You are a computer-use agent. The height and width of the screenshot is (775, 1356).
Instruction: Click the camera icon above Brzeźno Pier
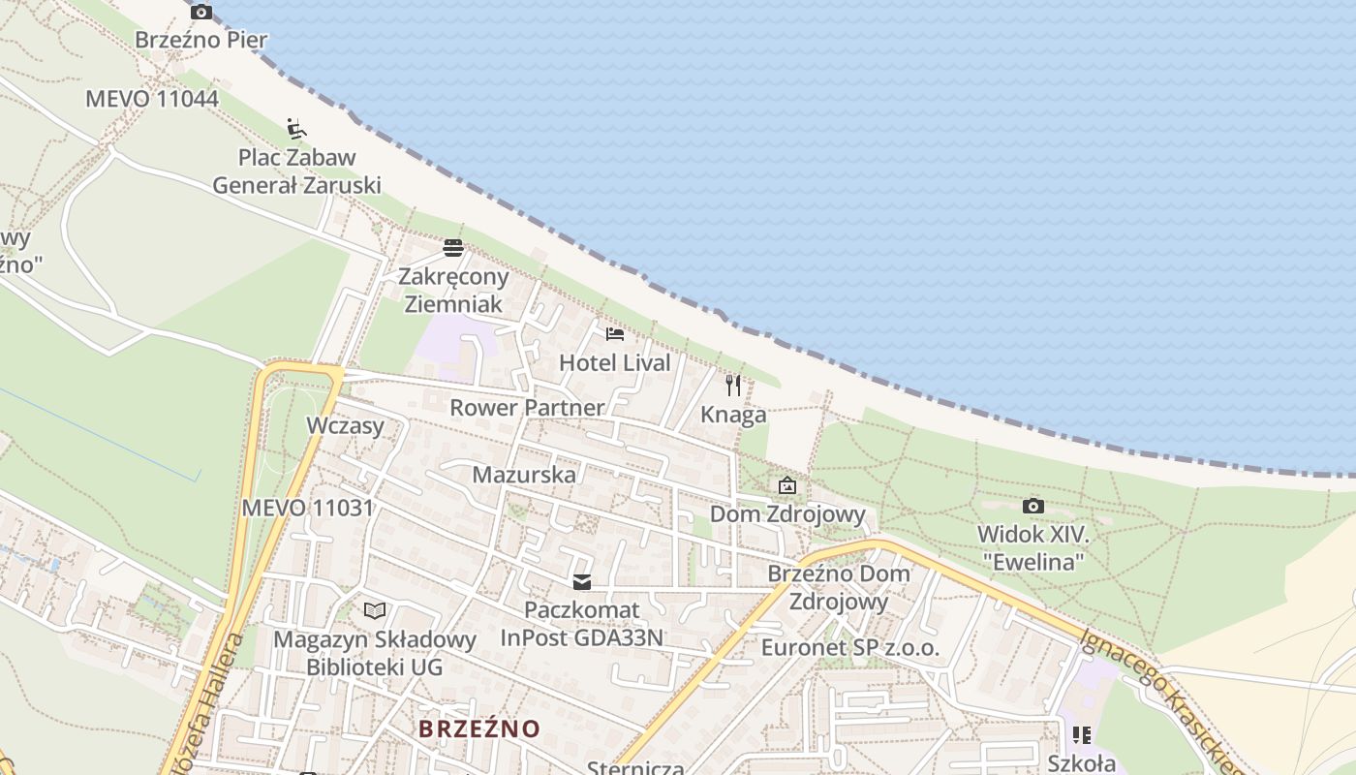coord(201,13)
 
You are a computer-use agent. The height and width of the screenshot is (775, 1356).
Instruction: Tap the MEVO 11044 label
coord(152,99)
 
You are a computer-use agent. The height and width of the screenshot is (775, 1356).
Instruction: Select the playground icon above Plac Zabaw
coord(296,128)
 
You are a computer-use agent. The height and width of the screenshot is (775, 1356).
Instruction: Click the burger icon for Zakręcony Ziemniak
coord(452,248)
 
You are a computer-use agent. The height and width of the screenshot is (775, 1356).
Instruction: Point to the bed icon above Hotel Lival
coord(615,334)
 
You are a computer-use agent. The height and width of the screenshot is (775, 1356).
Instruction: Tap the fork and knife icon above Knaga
coord(733,386)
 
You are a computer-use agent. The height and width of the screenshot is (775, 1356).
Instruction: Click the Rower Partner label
coord(527,407)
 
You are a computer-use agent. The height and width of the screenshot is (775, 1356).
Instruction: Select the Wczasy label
coord(346,425)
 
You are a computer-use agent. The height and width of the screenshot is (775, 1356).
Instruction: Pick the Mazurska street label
coord(524,475)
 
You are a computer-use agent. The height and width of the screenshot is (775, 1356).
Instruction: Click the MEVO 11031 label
coord(307,508)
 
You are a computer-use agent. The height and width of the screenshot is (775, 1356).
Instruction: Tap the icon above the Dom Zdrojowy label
coord(787,484)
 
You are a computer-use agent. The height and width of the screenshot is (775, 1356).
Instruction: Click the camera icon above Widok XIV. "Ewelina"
coord(1033,506)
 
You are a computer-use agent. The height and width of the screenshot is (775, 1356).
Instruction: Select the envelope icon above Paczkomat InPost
coord(582,582)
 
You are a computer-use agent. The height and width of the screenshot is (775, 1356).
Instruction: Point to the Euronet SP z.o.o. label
coord(850,647)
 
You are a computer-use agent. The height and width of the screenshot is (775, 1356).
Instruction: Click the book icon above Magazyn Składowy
coord(375,610)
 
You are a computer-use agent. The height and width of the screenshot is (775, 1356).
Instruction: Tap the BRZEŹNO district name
coord(479,728)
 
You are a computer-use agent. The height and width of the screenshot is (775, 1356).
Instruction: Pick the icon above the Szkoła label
coord(1082,735)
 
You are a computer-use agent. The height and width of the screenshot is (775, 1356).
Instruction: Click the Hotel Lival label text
coord(615,363)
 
